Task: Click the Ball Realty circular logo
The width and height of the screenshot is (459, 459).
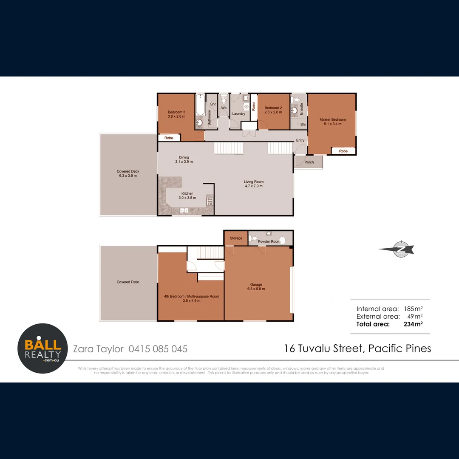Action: click(42, 348)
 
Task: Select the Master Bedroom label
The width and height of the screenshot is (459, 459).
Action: click(332, 122)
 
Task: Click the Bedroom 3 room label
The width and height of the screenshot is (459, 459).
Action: click(176, 114)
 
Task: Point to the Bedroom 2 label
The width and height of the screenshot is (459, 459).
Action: click(273, 110)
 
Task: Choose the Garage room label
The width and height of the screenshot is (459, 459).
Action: click(256, 287)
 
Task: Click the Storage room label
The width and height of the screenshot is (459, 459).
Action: click(236, 238)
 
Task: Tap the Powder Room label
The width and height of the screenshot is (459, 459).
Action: click(269, 242)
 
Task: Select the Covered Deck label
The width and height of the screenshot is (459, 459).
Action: click(128, 173)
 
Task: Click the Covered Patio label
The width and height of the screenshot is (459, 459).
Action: click(128, 282)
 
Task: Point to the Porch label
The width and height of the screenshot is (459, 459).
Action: click(309, 162)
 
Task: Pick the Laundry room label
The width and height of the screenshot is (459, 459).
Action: click(239, 114)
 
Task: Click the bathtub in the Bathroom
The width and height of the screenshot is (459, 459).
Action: click(200, 105)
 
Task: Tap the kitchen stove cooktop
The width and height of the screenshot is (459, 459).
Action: click(209, 201)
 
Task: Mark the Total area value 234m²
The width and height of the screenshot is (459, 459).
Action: click(413, 324)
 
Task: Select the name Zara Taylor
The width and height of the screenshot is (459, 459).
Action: click(98, 349)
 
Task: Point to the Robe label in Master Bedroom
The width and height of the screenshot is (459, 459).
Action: click(343, 151)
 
